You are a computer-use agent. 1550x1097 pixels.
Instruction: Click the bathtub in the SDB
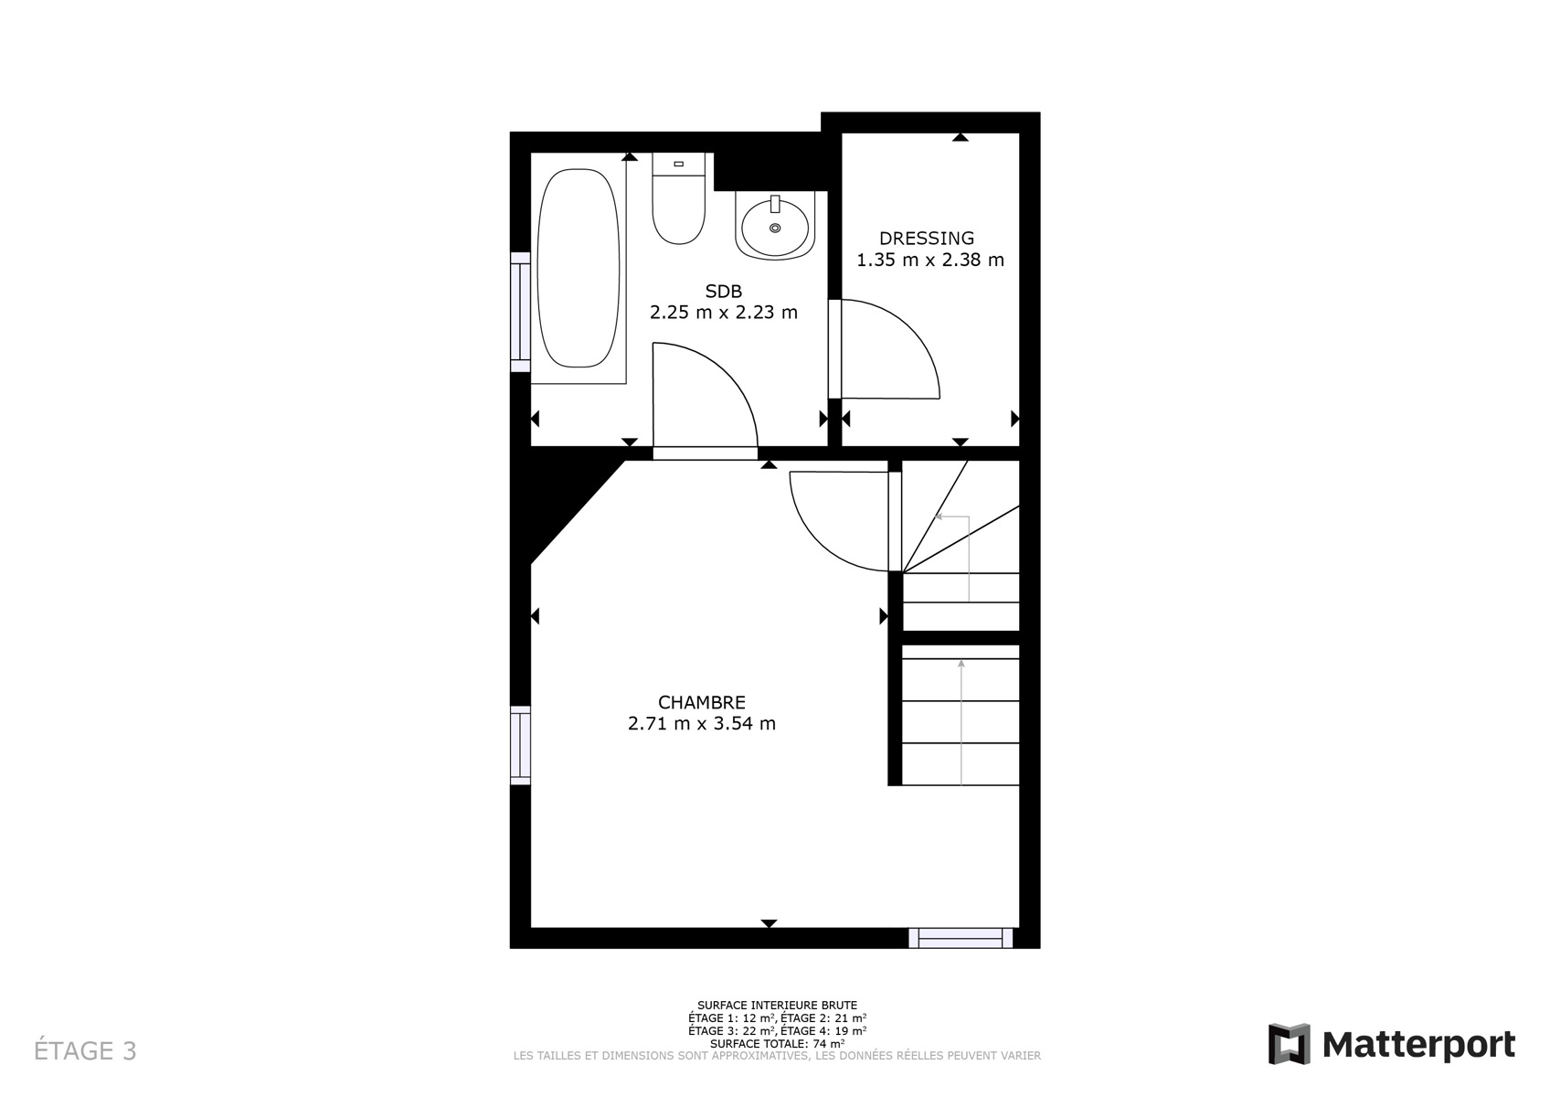coord(579,268)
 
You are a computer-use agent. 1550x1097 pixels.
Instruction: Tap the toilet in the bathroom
coord(679,198)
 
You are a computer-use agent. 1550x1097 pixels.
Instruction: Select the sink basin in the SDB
coord(775,226)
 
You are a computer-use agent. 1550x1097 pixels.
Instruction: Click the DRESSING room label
coord(927,238)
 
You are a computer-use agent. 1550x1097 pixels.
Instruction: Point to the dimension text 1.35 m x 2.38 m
coord(930,261)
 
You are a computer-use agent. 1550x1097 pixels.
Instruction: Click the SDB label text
coord(724,291)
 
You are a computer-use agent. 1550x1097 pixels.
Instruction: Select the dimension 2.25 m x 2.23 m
coord(724,313)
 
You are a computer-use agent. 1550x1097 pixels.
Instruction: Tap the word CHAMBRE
coord(702,702)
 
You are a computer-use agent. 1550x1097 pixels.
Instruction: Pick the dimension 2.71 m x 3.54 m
coord(702,724)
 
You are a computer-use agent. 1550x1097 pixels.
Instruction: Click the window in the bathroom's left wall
coord(520,312)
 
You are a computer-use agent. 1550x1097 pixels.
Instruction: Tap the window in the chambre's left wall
coord(520,745)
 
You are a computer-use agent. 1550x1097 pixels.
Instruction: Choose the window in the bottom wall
coord(961,938)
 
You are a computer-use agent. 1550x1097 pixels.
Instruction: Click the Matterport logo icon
coord(1290,1044)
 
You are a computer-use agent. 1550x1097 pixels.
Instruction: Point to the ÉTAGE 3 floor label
coord(85,1050)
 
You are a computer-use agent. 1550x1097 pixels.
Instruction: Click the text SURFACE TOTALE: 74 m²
coord(777,1043)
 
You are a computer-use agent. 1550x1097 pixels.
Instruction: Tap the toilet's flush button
coord(679,164)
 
